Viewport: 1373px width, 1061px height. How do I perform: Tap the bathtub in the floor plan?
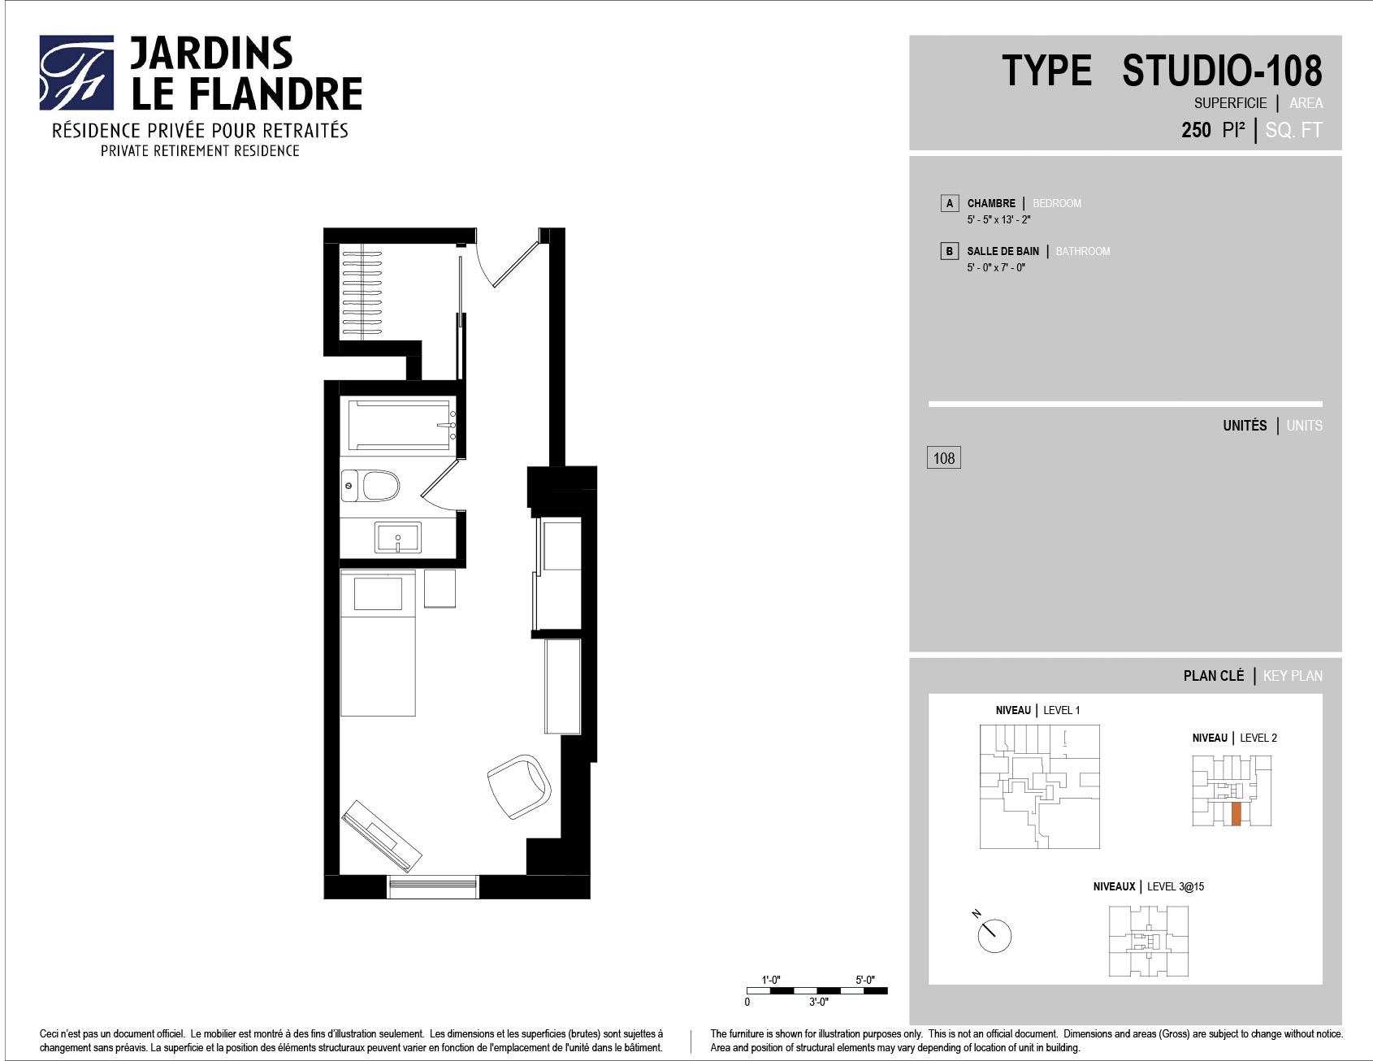(x=399, y=425)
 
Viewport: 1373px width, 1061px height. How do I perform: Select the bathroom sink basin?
(x=398, y=537)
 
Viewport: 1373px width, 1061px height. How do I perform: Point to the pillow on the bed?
(x=378, y=594)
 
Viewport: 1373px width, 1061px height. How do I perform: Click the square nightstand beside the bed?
(x=440, y=588)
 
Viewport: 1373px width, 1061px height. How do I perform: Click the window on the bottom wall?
(x=433, y=886)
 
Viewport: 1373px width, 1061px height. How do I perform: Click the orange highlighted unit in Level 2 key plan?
(x=1237, y=814)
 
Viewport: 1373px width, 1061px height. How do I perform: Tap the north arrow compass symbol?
(x=992, y=933)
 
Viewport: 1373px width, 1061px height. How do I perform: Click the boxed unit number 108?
(x=944, y=458)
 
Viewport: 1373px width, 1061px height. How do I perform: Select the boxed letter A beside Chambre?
(x=950, y=203)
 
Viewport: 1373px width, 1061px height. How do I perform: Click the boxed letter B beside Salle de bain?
(x=950, y=251)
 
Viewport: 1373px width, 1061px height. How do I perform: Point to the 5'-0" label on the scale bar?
(x=865, y=980)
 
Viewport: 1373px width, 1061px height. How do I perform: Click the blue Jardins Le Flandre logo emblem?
(x=76, y=72)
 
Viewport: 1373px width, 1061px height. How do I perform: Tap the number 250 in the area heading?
(x=1196, y=130)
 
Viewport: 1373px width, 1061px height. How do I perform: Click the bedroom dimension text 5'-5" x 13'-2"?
(x=998, y=220)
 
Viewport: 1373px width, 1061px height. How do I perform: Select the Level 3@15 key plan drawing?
(x=1149, y=941)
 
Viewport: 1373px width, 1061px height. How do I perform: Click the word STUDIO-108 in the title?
(x=1222, y=71)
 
